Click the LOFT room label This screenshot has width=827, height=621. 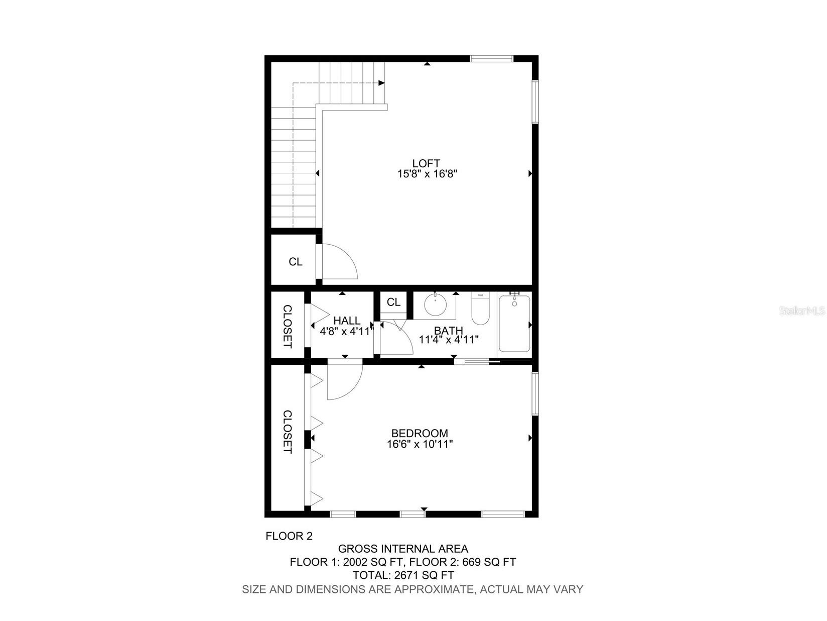(426, 163)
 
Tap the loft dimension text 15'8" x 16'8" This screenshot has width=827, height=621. (427, 174)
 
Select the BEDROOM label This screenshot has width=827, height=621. (420, 433)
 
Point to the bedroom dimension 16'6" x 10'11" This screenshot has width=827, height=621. (420, 444)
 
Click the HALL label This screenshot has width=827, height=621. (347, 321)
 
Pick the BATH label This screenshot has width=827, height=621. (448, 331)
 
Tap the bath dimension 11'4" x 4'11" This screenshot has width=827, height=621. (449, 340)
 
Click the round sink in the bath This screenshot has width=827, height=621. (435, 304)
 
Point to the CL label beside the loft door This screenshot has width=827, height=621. (296, 262)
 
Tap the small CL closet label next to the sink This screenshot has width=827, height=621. (393, 302)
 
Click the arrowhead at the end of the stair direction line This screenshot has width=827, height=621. (382, 83)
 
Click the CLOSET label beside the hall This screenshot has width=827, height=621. (288, 326)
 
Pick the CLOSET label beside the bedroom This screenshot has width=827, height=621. (288, 432)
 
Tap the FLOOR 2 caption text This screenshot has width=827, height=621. (289, 536)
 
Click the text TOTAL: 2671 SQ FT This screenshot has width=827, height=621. (403, 575)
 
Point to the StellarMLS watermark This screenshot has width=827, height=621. (802, 311)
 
